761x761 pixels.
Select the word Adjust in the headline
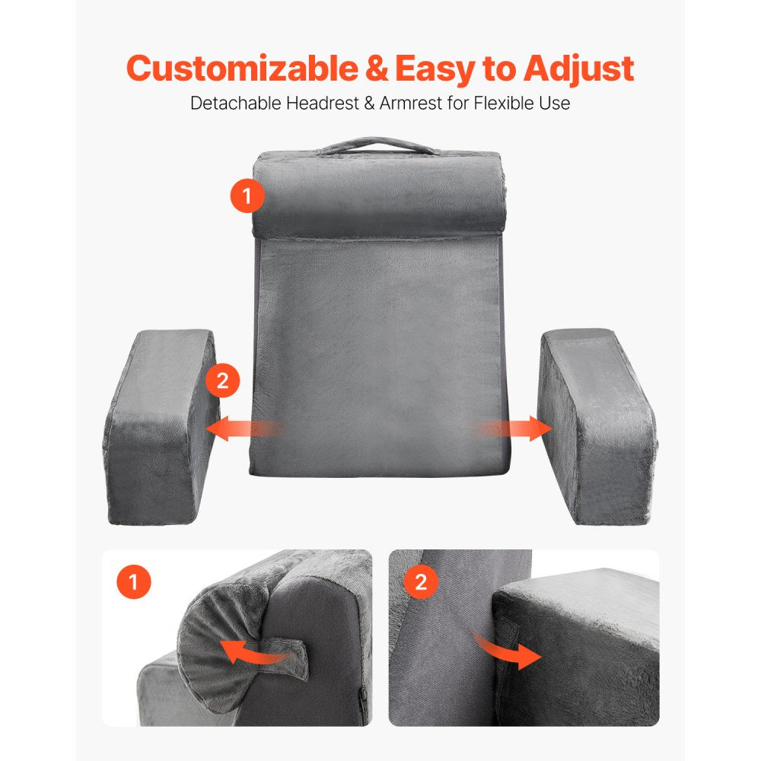(578, 68)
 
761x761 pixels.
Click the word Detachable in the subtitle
(234, 103)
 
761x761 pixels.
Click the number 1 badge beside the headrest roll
(247, 196)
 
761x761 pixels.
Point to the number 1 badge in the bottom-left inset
(134, 583)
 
